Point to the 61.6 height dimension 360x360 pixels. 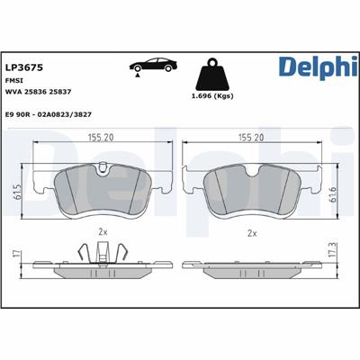334,191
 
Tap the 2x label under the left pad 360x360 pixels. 103,232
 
